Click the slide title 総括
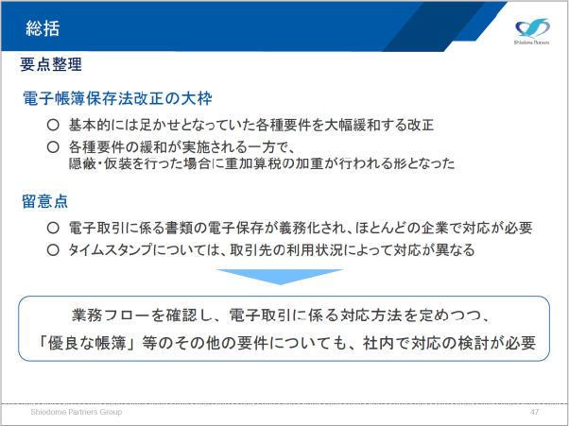click(x=43, y=28)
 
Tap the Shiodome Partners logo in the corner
click(x=531, y=31)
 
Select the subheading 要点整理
click(x=51, y=64)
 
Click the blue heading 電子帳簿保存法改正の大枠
click(x=117, y=98)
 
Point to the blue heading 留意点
click(x=45, y=201)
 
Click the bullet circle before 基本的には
click(x=53, y=125)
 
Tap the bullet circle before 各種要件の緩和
click(x=53, y=147)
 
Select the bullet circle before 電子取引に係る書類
click(x=53, y=228)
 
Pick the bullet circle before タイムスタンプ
click(x=53, y=250)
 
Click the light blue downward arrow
click(x=280, y=277)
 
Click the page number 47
click(x=534, y=412)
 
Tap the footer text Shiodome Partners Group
click(x=77, y=412)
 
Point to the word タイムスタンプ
click(x=111, y=250)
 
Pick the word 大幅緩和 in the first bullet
click(x=352, y=125)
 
